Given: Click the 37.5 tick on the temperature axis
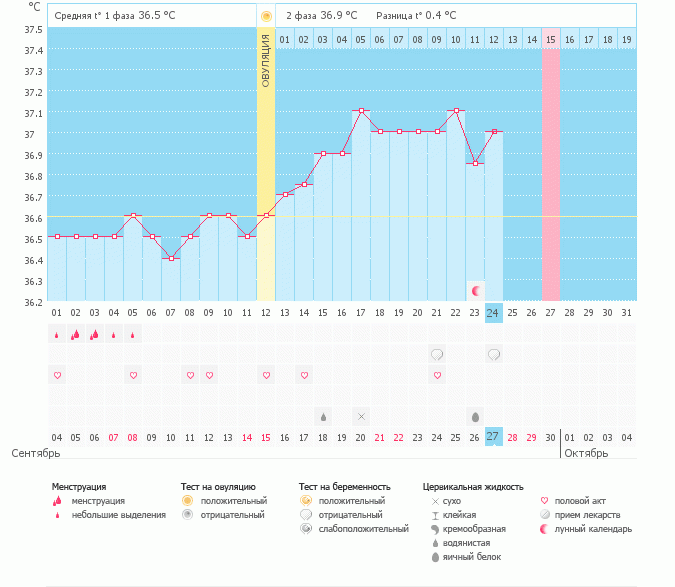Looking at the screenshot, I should pyautogui.click(x=33, y=29).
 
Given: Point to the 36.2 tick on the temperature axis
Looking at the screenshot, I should pyautogui.click(x=33, y=301).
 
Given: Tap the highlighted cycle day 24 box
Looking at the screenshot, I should pyautogui.click(x=493, y=313).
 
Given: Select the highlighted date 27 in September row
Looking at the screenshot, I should pyautogui.click(x=493, y=437).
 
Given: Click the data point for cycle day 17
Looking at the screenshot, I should pyautogui.click(x=360, y=111).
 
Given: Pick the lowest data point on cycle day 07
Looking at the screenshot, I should pyautogui.click(x=171, y=258).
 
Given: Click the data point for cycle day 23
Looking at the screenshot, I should pyautogui.click(x=474, y=163).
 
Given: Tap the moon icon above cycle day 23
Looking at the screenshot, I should pyautogui.click(x=476, y=291).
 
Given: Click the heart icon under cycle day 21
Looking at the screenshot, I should pyautogui.click(x=437, y=375).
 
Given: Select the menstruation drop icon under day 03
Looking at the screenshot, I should pyautogui.click(x=95, y=335).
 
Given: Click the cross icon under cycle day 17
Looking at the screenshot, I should pyautogui.click(x=361, y=416).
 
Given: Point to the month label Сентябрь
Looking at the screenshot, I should pyautogui.click(x=35, y=452).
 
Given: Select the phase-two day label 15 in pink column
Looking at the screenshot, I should pyautogui.click(x=551, y=39).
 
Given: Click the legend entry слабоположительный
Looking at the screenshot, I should pyautogui.click(x=362, y=528).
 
